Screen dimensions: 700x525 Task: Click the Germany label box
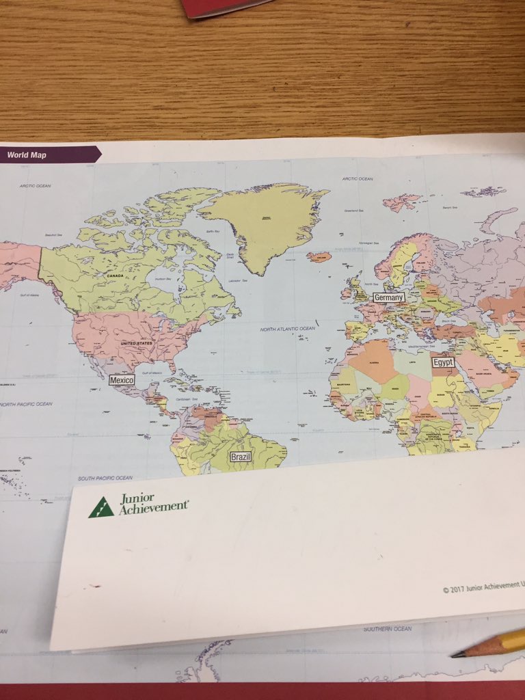point(389,297)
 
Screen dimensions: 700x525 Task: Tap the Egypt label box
point(442,362)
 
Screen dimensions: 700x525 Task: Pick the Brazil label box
point(241,457)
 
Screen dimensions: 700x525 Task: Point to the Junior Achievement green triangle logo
point(100,507)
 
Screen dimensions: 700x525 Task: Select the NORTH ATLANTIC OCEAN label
point(287,329)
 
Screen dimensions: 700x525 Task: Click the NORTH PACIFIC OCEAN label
point(26,404)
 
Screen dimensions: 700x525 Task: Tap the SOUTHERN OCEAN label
point(388,628)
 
